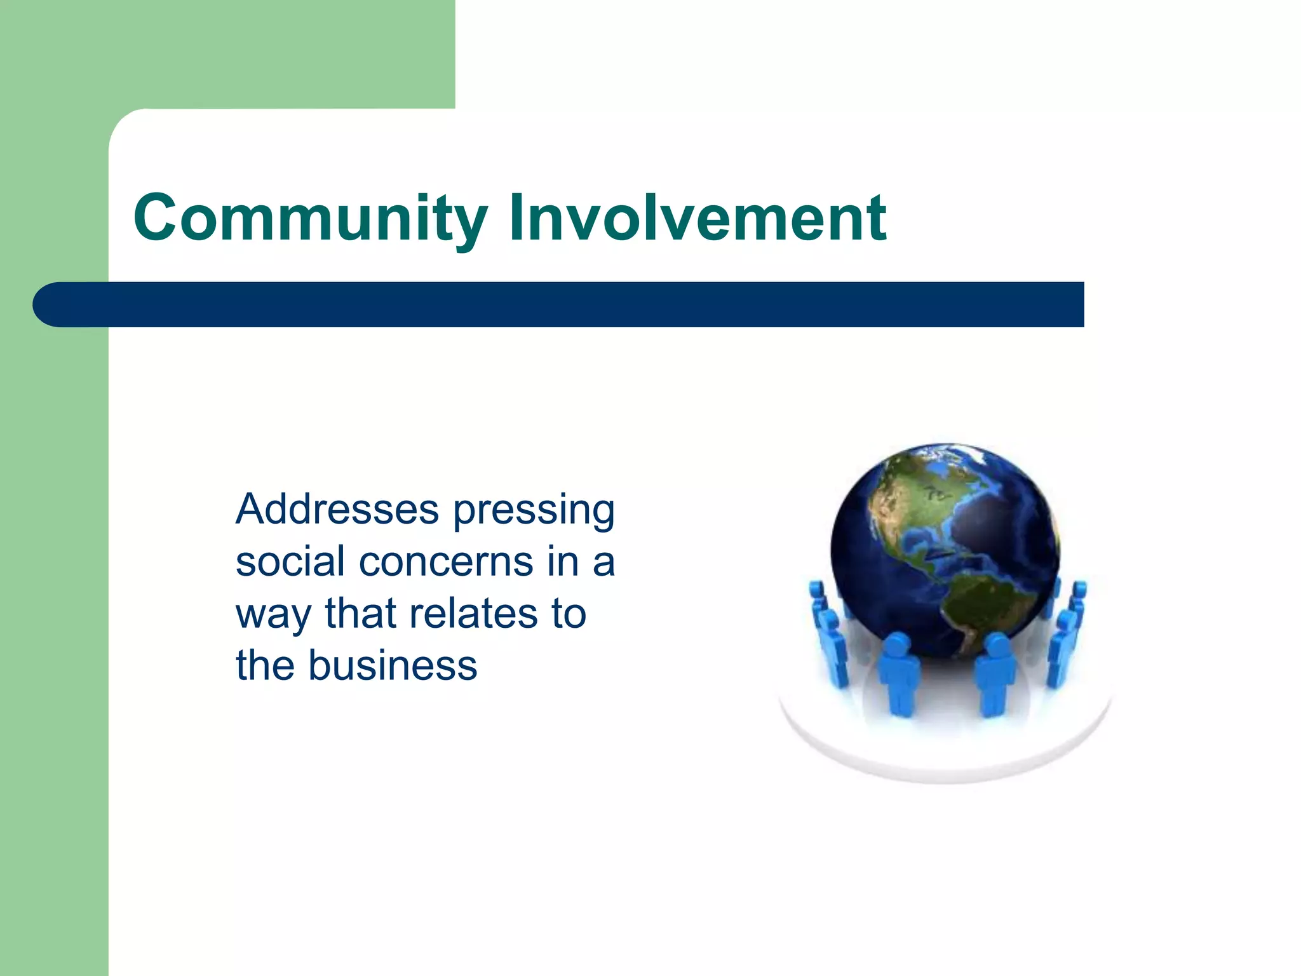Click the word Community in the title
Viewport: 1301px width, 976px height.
(x=310, y=218)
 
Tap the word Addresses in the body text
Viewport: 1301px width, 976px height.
(x=337, y=510)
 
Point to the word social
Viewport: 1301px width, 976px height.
(x=290, y=562)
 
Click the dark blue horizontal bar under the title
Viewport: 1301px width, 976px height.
(x=572, y=304)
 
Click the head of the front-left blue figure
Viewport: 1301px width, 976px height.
(x=896, y=645)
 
